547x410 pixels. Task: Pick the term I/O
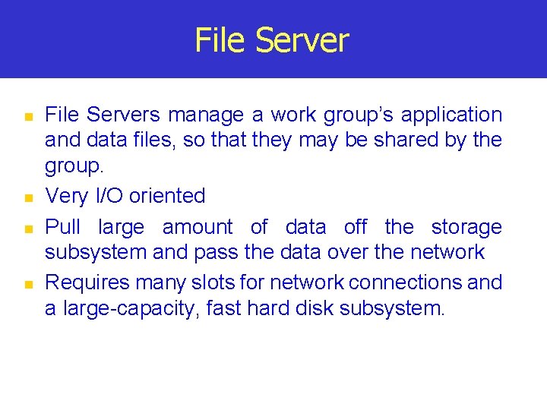[109, 196]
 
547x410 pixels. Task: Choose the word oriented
[167, 196]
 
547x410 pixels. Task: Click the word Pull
[62, 227]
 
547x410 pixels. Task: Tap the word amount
[198, 227]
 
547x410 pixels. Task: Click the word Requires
[87, 282]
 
